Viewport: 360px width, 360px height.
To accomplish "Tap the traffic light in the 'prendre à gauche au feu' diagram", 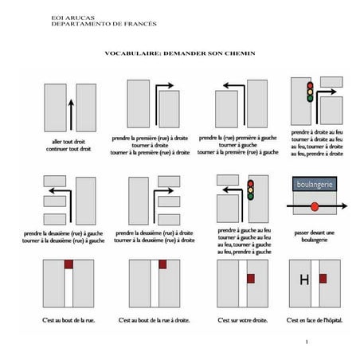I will tap(249, 191).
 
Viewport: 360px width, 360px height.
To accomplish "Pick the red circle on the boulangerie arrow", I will tap(315, 206).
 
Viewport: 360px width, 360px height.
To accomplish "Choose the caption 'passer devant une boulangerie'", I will tap(315, 231).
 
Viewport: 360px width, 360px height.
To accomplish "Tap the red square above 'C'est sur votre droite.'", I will tap(250, 278).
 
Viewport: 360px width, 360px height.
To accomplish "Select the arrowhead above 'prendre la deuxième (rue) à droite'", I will tap(169, 192).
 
